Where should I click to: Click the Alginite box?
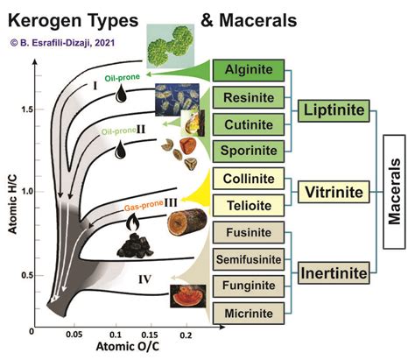coord(246,69)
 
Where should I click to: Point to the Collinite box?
coord(246,180)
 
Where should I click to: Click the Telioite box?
coord(246,206)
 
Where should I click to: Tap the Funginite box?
coord(246,286)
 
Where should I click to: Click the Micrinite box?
coord(246,313)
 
